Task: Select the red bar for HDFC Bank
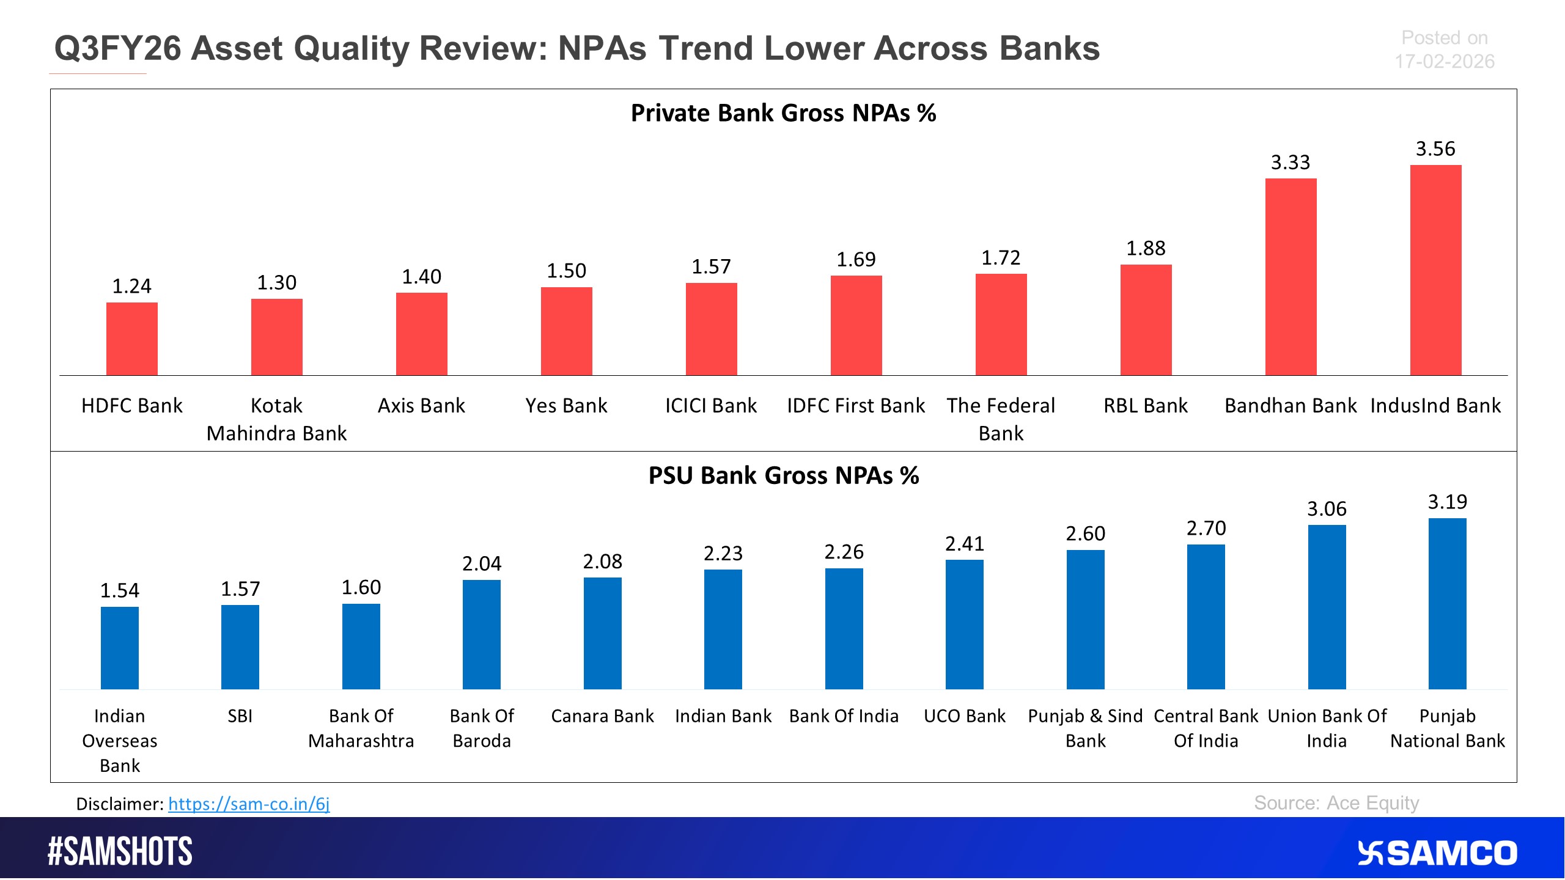click(x=131, y=339)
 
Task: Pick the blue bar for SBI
click(x=240, y=647)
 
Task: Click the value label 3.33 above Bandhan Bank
click(x=1291, y=163)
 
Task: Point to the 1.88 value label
click(x=1146, y=249)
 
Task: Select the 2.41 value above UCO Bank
click(x=964, y=544)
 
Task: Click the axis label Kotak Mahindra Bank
click(x=276, y=419)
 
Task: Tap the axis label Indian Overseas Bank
click(x=120, y=740)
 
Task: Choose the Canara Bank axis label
click(x=602, y=716)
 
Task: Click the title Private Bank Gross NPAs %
click(x=783, y=114)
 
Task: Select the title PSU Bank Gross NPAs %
click(x=783, y=475)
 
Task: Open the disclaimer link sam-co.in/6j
click(x=249, y=804)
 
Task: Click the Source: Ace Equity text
click(x=1336, y=802)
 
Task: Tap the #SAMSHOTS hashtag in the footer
click(x=120, y=851)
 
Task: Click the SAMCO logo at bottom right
click(x=1437, y=853)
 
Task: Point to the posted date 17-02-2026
click(x=1444, y=62)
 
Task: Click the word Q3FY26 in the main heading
click(x=117, y=48)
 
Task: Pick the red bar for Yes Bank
click(x=566, y=331)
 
